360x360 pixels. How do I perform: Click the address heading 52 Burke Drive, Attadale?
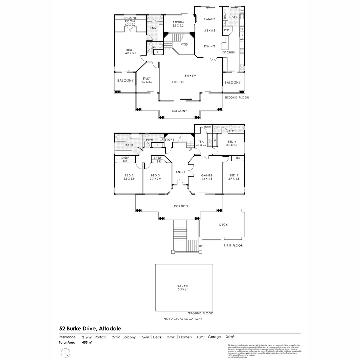(90, 328)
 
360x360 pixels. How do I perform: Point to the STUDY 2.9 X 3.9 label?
(147, 80)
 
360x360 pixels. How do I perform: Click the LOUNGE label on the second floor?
(179, 82)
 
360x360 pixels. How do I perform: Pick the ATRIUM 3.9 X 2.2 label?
(178, 24)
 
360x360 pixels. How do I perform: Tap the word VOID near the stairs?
(184, 45)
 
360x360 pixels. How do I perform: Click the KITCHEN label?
(229, 53)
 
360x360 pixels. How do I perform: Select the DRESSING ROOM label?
(130, 20)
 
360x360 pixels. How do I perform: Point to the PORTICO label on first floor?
(181, 206)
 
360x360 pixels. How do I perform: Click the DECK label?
(223, 225)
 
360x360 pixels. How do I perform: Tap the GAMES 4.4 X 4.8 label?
(207, 177)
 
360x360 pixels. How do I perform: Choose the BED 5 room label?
(233, 177)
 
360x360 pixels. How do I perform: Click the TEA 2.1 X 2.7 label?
(201, 143)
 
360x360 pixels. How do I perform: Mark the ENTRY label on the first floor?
(180, 172)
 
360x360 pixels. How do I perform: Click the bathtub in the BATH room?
(135, 136)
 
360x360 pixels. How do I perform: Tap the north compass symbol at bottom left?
(66, 352)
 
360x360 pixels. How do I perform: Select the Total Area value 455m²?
(87, 342)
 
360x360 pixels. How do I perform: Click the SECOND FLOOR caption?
(236, 98)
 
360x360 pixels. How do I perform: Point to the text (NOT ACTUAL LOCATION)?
(182, 319)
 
